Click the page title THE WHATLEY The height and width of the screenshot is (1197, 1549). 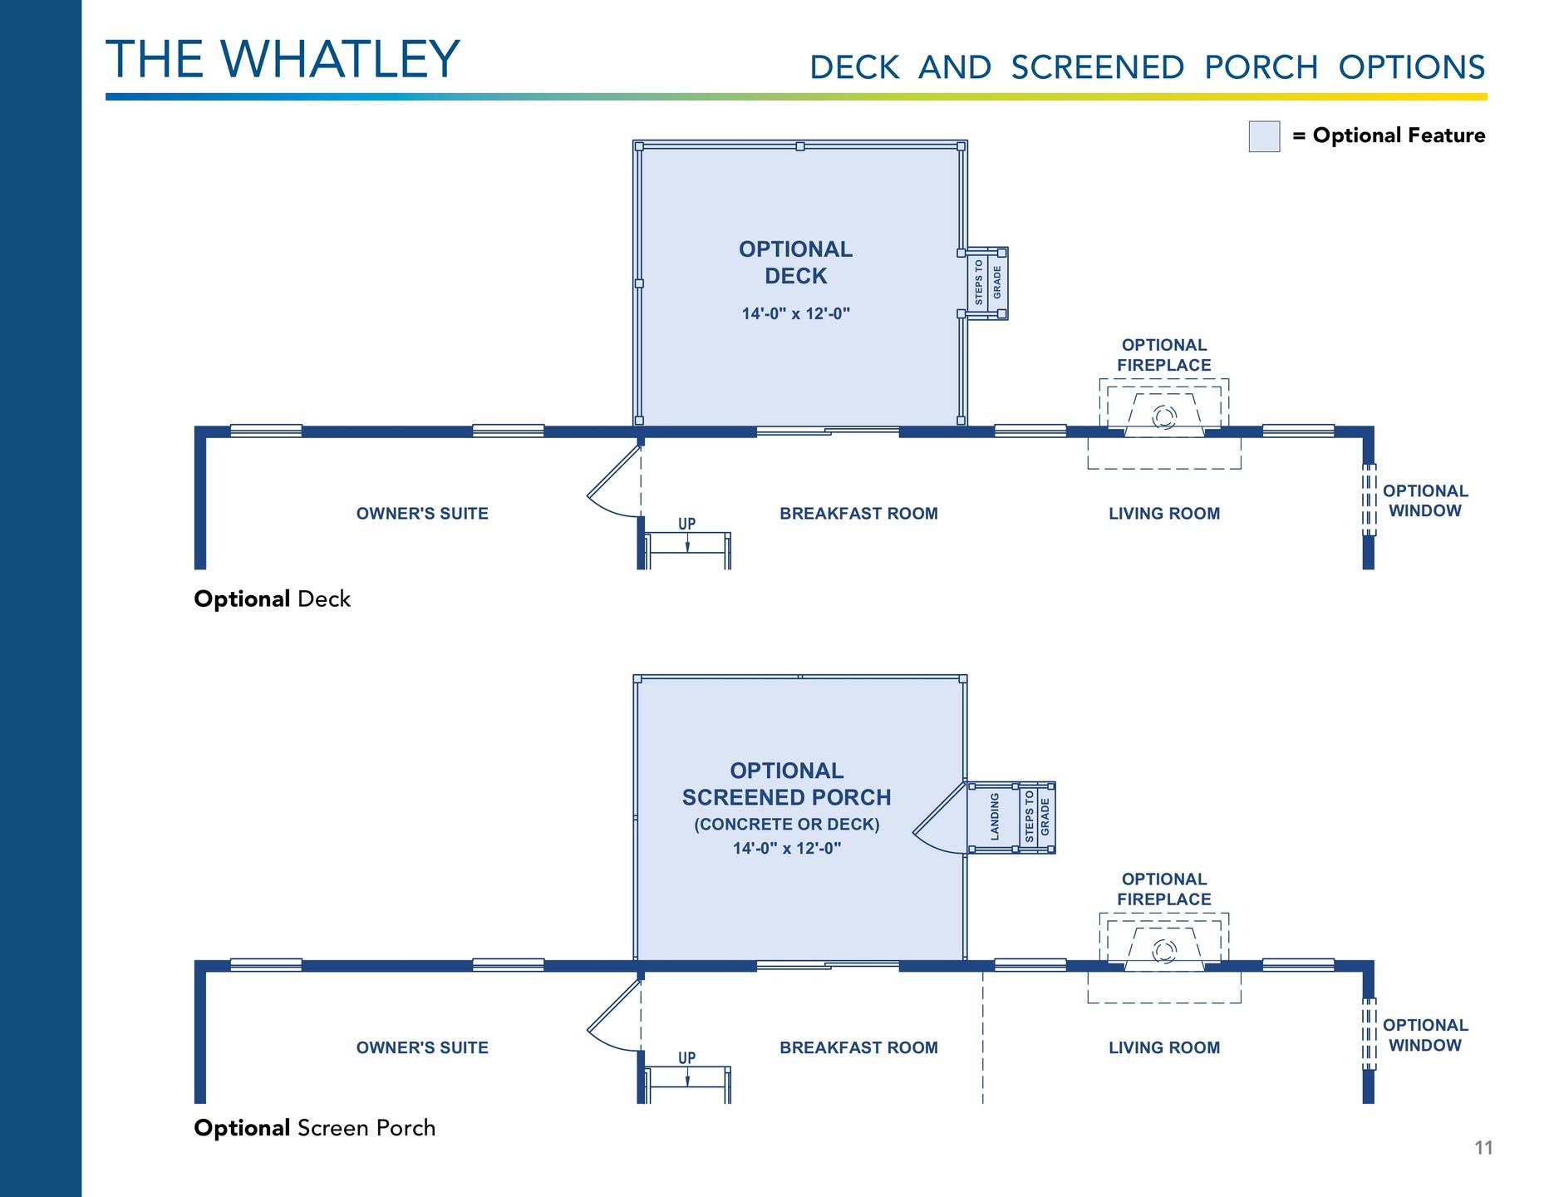(283, 59)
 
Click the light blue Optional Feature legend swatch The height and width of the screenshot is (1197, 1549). (1263, 136)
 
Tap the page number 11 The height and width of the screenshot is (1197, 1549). (1483, 1148)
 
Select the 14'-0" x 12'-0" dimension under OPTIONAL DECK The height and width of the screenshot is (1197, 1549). (795, 314)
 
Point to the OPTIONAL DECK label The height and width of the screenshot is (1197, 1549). (795, 262)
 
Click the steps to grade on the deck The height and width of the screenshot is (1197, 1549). (987, 283)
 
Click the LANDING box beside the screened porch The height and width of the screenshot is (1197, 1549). (994, 816)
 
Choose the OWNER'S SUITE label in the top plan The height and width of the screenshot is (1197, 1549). (422, 514)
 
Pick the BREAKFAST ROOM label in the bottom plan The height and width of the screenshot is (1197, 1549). (858, 1048)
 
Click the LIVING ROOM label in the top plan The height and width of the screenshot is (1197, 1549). (1163, 514)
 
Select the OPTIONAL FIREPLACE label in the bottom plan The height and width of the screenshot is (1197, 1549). (1163, 889)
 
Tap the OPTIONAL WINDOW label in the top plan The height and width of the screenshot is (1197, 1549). (1424, 501)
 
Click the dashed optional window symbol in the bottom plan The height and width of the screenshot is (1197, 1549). (1368, 1033)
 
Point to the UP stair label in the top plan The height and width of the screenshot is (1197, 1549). (686, 524)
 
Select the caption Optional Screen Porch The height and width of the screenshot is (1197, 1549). (314, 1128)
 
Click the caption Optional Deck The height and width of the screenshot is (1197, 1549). (272, 599)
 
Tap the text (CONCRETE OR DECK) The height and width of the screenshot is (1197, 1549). (786, 825)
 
